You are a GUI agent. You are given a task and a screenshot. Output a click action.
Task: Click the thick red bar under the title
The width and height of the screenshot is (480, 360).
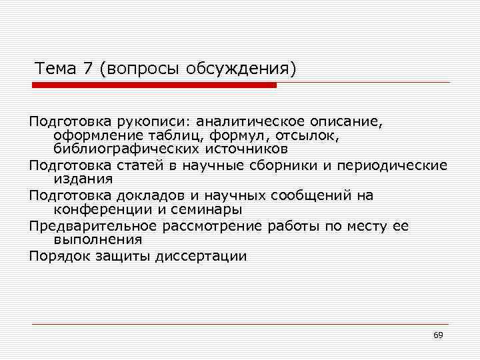coord(155,85)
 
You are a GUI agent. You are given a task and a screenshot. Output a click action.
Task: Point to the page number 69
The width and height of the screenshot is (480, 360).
coord(438,335)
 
